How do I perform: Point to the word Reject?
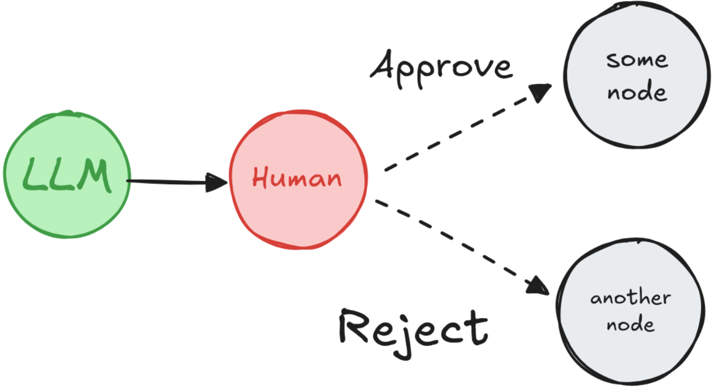[413, 325]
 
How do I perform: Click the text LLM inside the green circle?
[67, 175]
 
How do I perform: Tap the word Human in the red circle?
[297, 178]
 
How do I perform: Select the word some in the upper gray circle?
[636, 60]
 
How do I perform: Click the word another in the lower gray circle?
[630, 298]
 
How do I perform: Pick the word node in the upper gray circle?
[637, 92]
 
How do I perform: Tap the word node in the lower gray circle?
[630, 324]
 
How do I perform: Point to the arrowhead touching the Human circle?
[218, 183]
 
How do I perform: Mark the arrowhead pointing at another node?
[539, 285]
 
